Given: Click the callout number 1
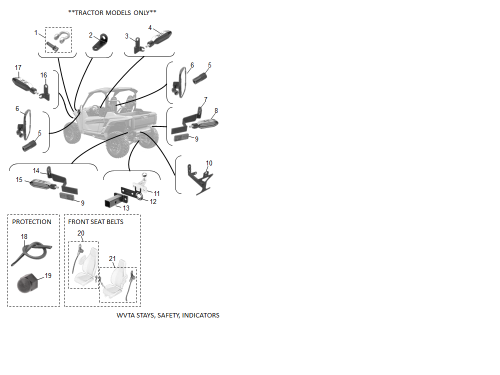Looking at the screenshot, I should point(36,32).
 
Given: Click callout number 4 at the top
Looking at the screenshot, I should point(150,27).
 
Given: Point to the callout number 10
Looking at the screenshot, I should point(209,163).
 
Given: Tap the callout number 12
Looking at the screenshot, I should point(153,201).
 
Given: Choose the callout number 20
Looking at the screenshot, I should point(81,233).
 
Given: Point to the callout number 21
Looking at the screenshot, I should point(112,258).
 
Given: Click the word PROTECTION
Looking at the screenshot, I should point(31,221).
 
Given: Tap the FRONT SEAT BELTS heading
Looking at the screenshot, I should point(95,221).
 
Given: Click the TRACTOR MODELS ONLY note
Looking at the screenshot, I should point(112,12).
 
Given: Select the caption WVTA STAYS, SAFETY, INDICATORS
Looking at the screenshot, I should point(168,315).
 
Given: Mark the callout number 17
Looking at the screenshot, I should point(18,67).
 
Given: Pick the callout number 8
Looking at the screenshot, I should point(216,110).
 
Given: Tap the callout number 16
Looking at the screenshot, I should point(43,75).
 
